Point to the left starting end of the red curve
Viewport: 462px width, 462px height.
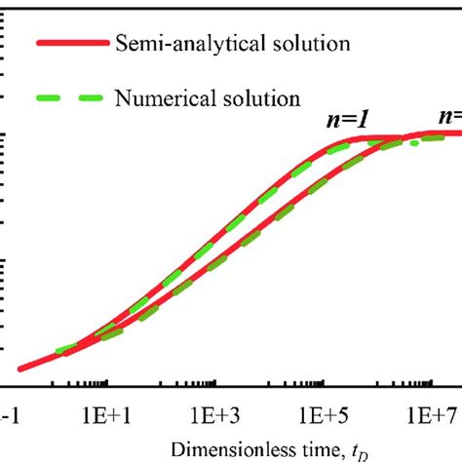19,368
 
